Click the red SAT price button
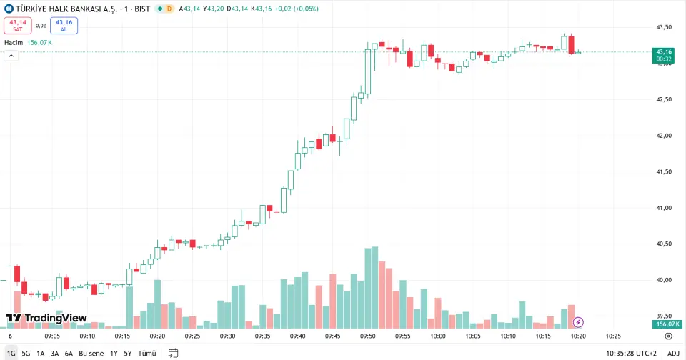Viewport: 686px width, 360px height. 18,26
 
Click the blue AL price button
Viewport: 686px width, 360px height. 64,26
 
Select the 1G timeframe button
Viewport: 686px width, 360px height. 11,353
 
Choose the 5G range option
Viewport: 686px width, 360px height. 26,353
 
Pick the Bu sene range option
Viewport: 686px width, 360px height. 91,353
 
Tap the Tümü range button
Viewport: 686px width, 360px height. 146,353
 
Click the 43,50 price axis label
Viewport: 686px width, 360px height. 664,27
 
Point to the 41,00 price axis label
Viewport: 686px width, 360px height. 664,208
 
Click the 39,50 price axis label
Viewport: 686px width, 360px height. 664,316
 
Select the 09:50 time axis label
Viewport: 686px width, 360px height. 368,336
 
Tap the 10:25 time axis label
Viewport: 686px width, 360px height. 613,336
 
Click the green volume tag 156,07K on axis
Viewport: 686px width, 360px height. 665,324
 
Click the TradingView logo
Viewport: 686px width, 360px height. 46,318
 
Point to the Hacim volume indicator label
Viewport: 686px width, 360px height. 14,43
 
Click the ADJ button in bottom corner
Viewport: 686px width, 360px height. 673,353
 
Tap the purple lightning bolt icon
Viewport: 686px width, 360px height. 578,322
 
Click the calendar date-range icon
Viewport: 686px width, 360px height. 173,353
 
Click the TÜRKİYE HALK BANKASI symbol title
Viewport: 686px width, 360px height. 82,9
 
